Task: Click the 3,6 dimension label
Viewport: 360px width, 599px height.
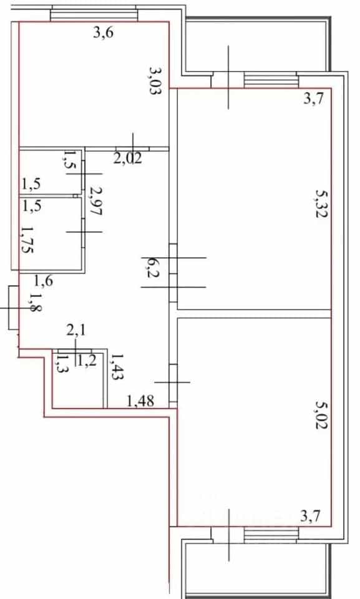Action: [x=104, y=33]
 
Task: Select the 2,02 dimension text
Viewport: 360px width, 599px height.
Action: [x=128, y=158]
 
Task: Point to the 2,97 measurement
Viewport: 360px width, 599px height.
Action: [x=95, y=201]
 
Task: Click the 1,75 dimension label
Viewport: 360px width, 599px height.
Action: [x=27, y=239]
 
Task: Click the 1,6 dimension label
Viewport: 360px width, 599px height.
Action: [x=44, y=281]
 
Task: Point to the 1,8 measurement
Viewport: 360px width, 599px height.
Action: [x=35, y=303]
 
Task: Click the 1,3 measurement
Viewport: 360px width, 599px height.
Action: [x=61, y=363]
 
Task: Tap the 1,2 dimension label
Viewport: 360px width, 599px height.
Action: [x=85, y=361]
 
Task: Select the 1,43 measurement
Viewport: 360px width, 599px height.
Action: [x=116, y=366]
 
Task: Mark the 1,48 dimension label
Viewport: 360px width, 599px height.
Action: [x=140, y=401]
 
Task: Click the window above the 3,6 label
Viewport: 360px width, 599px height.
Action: [x=93, y=14]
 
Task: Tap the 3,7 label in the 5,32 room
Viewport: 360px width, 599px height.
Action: [x=314, y=99]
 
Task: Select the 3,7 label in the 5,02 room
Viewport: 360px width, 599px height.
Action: [x=310, y=517]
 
